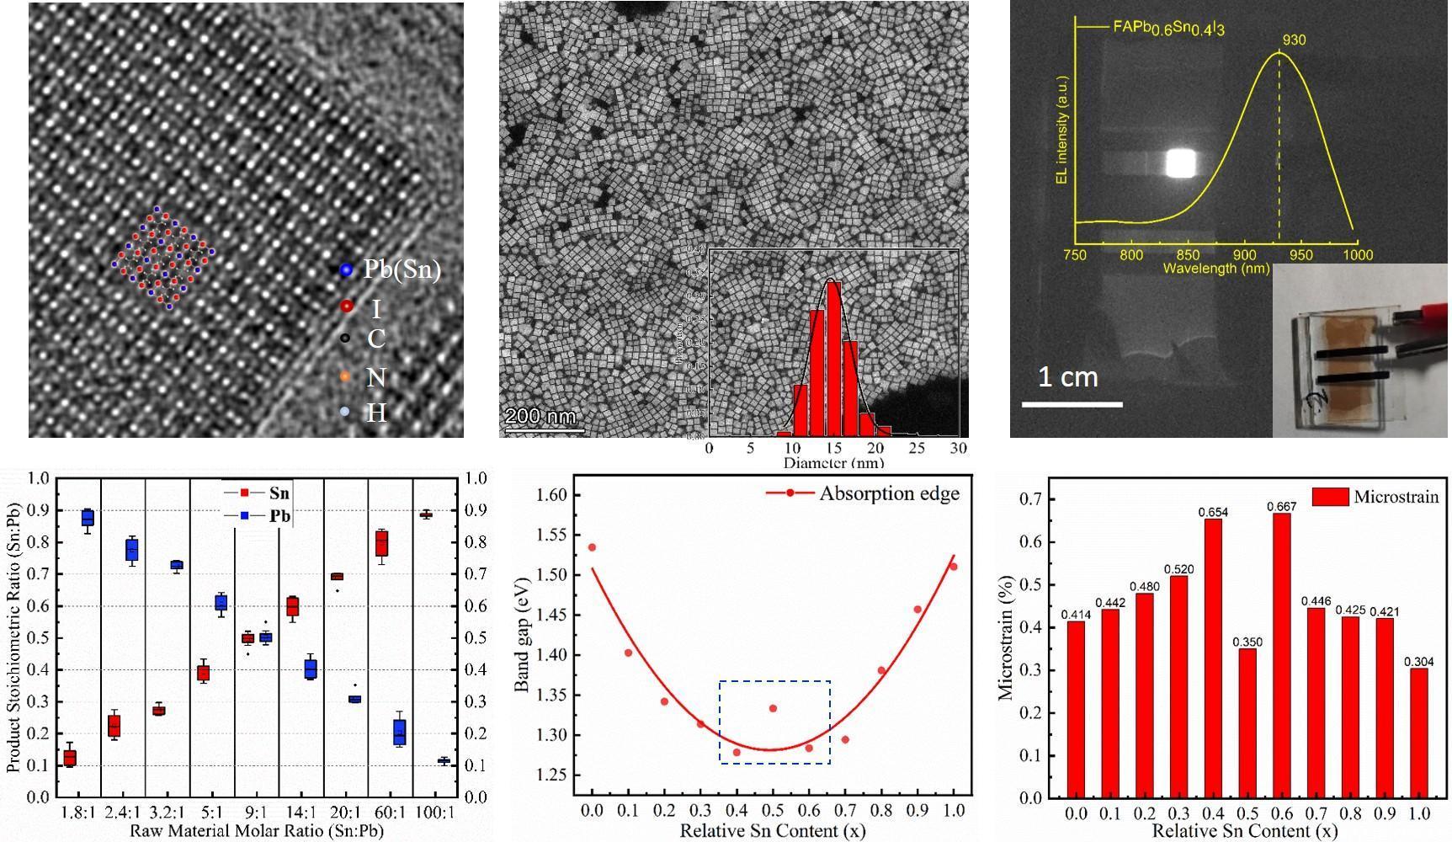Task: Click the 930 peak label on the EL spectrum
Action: pyautogui.click(x=1294, y=40)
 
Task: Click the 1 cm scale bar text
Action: pyautogui.click(x=1067, y=376)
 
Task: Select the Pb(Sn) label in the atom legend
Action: pyautogui.click(x=402, y=270)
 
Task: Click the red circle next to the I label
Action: pyautogui.click(x=347, y=306)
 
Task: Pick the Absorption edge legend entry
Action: pyautogui.click(x=889, y=493)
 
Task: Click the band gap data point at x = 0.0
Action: pyautogui.click(x=592, y=547)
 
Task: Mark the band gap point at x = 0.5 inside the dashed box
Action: pyautogui.click(x=773, y=708)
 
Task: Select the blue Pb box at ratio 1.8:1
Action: pyautogui.click(x=87, y=518)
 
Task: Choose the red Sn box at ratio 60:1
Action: pyautogui.click(x=382, y=546)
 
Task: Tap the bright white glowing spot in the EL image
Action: pyautogui.click(x=1180, y=163)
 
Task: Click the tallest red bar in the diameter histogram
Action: pyautogui.click(x=833, y=358)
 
